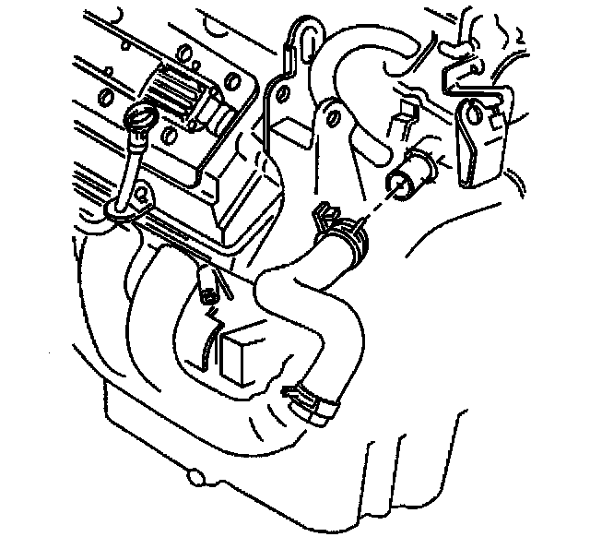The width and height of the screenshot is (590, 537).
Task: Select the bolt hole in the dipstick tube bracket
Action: (142, 196)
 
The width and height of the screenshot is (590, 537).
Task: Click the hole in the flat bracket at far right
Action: (474, 114)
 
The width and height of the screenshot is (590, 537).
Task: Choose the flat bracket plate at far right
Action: (478, 138)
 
